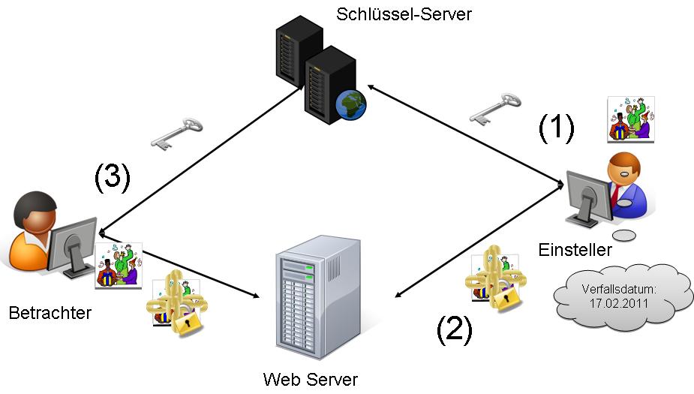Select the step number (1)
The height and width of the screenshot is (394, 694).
coord(557,129)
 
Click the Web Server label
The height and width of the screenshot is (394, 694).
coord(311,379)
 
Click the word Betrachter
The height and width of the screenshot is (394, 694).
coord(50,312)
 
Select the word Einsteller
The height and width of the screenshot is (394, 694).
coord(575,250)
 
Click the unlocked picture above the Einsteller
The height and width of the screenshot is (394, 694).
coord(630,119)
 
